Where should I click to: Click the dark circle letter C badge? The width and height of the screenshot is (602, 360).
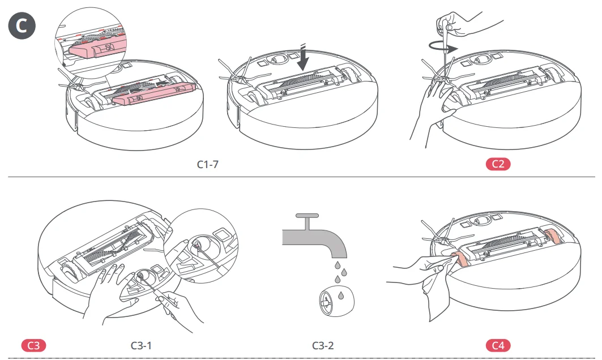(22, 27)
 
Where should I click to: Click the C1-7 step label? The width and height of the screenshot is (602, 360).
(207, 165)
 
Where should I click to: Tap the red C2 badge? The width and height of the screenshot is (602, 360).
(498, 165)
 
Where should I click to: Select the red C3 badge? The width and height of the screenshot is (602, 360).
(33, 345)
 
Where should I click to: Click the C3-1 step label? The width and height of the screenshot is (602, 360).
(142, 345)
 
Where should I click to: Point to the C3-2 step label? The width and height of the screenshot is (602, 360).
(323, 345)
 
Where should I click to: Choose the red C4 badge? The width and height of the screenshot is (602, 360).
(498, 345)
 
